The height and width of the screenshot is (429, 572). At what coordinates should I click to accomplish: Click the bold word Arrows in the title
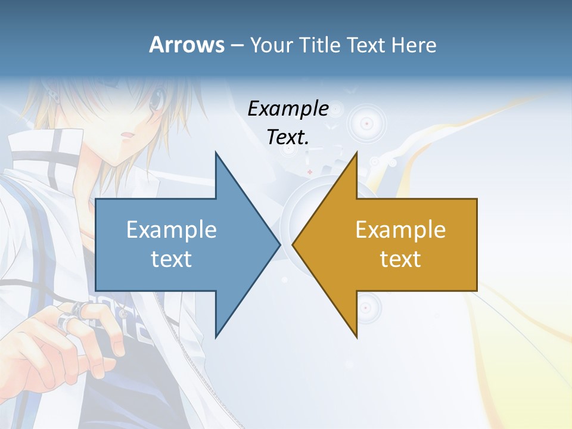point(186,45)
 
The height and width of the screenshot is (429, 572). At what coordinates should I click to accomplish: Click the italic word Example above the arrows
point(288,109)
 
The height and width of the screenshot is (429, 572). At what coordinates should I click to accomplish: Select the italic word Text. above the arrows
point(288,137)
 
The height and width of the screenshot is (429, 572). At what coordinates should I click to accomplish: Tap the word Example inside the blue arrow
point(172,229)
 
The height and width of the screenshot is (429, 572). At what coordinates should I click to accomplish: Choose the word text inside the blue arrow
point(172,259)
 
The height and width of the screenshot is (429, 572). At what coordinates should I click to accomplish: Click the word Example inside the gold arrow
point(400,229)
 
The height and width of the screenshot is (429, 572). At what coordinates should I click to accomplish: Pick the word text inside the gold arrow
point(400,259)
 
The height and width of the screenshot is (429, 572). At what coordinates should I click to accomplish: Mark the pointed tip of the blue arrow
point(279,244)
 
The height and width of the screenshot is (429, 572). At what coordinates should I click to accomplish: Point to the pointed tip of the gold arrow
point(293,244)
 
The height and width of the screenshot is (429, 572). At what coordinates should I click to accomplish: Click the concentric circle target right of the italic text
point(366,124)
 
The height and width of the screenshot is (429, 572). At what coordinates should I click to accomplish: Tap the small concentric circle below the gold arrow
point(365,307)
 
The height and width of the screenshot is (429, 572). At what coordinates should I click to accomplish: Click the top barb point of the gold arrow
point(356,153)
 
